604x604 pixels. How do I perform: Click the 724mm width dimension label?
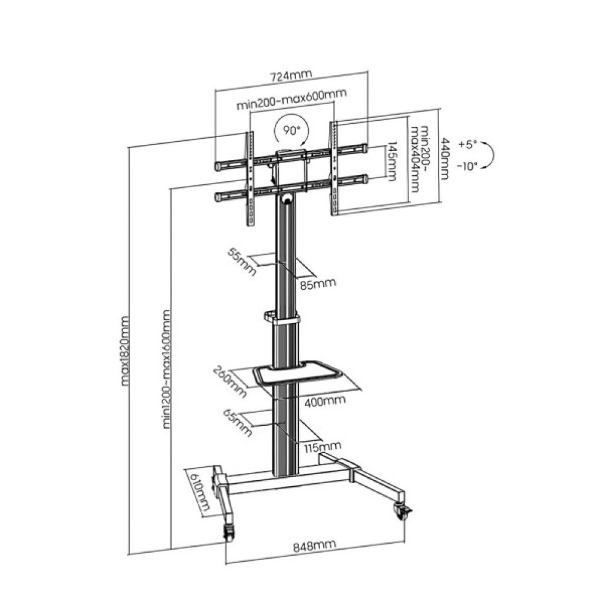290,76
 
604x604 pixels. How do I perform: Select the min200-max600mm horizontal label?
292,100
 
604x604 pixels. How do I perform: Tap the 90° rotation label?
292,130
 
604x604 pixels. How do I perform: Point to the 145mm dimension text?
391,161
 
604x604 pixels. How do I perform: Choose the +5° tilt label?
467,145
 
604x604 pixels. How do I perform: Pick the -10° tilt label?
467,167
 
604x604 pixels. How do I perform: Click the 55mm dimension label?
242,262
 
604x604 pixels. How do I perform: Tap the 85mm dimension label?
318,284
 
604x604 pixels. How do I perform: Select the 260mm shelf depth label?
230,381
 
